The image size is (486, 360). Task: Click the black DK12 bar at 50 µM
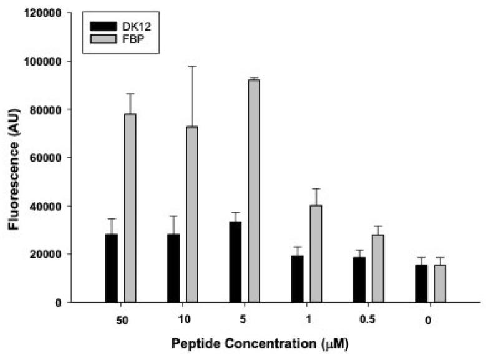pos(112,268)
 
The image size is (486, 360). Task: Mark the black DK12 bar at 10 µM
pos(173,268)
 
